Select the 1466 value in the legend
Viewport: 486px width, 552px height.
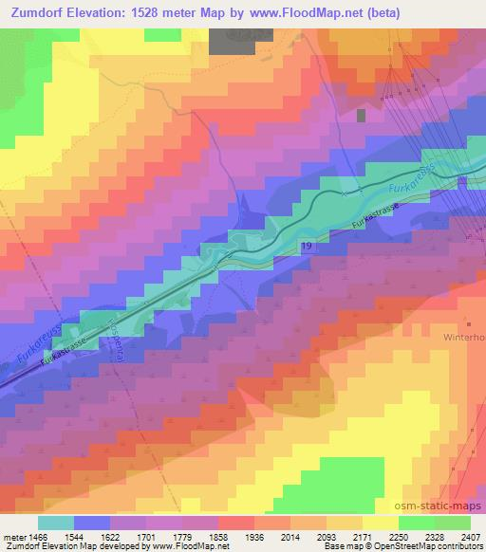(x=36, y=537)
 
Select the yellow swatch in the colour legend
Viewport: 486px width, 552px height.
(x=379, y=523)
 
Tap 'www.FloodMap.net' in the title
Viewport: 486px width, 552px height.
(x=293, y=13)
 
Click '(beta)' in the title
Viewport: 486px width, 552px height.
(x=375, y=13)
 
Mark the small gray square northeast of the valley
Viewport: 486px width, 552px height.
(x=362, y=115)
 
